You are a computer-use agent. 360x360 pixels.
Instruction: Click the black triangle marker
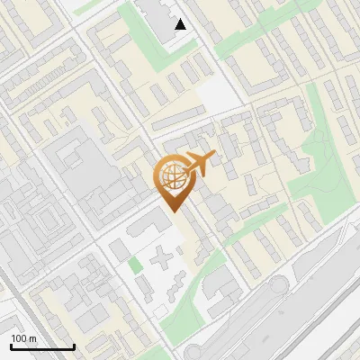[181, 24]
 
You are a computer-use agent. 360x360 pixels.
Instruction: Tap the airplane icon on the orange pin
[198, 165]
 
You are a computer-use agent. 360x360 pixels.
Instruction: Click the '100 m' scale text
[23, 338]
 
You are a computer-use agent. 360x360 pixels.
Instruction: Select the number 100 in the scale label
[19, 338]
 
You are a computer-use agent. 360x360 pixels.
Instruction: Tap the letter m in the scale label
[32, 338]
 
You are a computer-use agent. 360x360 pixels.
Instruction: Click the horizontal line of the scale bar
[42, 347]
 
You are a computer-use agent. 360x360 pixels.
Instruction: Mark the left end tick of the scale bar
[11, 346]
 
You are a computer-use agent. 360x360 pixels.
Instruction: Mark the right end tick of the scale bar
[74, 346]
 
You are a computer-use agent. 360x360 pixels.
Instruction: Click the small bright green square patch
[135, 265]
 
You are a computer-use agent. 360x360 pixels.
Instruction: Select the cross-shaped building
[163, 260]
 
